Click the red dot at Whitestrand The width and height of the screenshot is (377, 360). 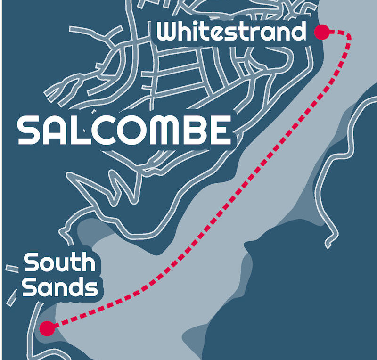[322, 32]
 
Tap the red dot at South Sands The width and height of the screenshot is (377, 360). [47, 328]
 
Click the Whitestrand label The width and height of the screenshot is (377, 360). [231, 32]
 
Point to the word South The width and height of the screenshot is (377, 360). [59, 263]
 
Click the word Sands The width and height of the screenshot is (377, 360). [60, 287]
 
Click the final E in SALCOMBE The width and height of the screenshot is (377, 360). [220, 131]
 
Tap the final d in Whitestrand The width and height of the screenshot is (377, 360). [298, 32]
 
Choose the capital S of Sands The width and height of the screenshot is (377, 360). [30, 287]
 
